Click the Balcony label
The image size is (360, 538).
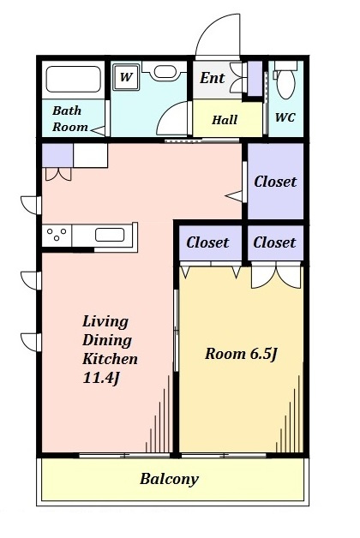point(169,479)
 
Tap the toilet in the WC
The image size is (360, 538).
point(285,80)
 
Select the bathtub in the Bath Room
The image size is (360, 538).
point(73,80)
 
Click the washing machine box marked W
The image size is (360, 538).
point(126,78)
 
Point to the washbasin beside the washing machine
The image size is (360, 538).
point(165,71)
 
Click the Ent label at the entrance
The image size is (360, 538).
point(212,78)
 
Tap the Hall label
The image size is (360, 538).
point(225,120)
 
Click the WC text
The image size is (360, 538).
point(285,117)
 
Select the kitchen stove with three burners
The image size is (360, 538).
point(57,236)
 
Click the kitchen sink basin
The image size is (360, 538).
point(110,235)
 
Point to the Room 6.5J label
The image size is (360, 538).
point(241,354)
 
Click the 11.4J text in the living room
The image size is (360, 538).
point(101,378)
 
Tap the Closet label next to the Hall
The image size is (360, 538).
point(275,182)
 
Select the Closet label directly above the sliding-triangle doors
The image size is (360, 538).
point(207,242)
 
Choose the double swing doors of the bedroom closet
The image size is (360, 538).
point(276,276)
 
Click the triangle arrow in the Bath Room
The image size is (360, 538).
point(99,130)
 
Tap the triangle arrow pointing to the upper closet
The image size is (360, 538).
point(234,196)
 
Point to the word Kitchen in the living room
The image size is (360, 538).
point(110,359)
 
